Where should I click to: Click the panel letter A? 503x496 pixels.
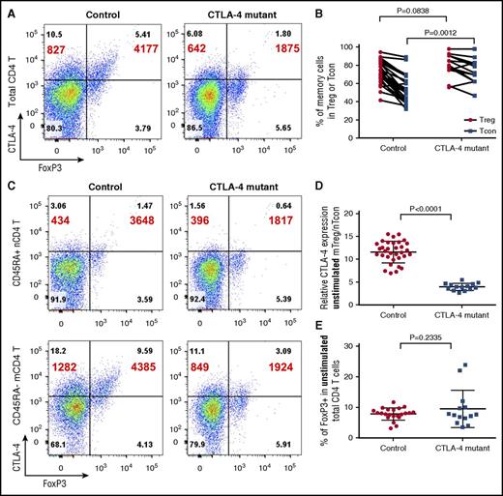(7, 9)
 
